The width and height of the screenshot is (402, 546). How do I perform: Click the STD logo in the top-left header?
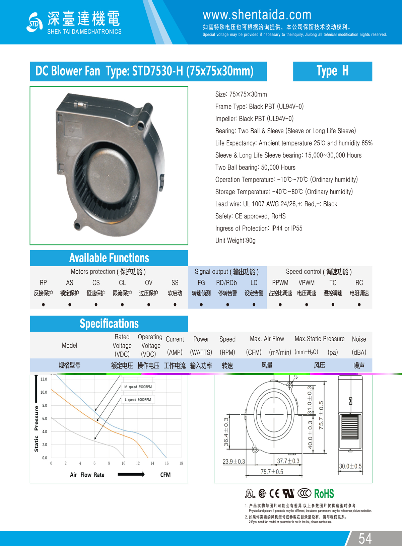pyautogui.click(x=35, y=22)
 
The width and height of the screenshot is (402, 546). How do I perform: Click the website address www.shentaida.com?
pyautogui.click(x=257, y=15)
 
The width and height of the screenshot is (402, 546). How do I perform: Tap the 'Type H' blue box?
pyautogui.click(x=332, y=71)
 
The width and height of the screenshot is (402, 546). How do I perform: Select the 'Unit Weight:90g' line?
pyautogui.click(x=235, y=241)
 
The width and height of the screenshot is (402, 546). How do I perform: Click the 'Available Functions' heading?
pyautogui.click(x=109, y=258)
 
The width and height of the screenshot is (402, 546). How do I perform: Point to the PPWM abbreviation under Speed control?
pyautogui.click(x=280, y=283)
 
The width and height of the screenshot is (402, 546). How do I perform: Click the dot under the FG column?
pyautogui.click(x=201, y=304)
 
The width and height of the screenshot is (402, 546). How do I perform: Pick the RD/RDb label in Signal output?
pyautogui.click(x=226, y=283)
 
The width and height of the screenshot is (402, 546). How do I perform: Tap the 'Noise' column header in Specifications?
pyautogui.click(x=359, y=339)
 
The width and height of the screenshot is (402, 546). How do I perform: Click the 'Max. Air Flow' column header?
pyautogui.click(x=267, y=339)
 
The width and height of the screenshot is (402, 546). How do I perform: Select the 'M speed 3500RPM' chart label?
pyautogui.click(x=138, y=387)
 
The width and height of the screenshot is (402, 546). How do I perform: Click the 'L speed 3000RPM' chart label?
pyautogui.click(x=138, y=400)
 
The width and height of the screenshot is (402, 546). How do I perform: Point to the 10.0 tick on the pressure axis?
pyautogui.click(x=44, y=392)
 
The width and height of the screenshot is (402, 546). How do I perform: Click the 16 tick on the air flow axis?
pyautogui.click(x=166, y=463)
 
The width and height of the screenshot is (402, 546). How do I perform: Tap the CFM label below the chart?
pyautogui.click(x=165, y=475)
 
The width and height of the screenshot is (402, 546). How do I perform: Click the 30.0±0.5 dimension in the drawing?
pyautogui.click(x=350, y=466)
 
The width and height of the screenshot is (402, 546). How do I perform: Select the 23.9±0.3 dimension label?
pyautogui.click(x=234, y=462)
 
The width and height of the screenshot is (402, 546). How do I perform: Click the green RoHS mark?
pyautogui.click(x=324, y=493)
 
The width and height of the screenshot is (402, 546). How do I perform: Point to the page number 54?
pyautogui.click(x=365, y=538)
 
